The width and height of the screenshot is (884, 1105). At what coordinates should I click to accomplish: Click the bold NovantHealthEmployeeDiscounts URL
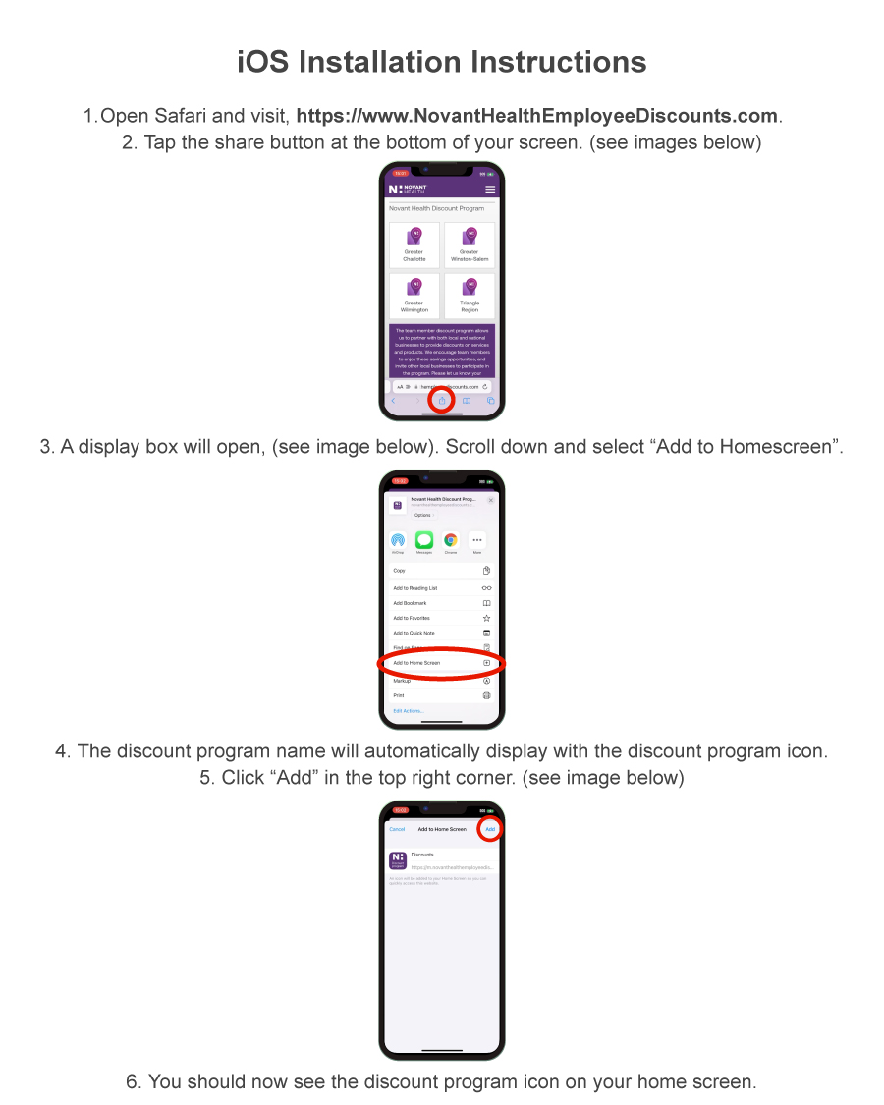(537, 116)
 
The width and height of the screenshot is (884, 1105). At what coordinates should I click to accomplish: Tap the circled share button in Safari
(442, 401)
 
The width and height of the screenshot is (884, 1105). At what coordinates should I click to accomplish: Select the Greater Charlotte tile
(414, 245)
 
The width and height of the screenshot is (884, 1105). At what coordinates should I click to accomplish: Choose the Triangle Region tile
(470, 296)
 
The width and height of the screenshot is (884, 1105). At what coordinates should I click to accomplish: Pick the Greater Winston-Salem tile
(470, 245)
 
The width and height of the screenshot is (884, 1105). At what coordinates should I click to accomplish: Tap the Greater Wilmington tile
(414, 296)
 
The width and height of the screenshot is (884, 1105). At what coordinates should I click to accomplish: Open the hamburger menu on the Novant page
(490, 189)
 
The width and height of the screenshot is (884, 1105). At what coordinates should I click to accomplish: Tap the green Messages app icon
(424, 540)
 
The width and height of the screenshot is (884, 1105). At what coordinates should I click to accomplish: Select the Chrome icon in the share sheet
(451, 540)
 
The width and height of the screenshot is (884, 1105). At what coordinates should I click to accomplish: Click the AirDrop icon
(398, 540)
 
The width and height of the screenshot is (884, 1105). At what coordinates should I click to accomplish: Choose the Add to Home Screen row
(441, 663)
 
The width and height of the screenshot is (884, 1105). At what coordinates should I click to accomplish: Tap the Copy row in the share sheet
(441, 571)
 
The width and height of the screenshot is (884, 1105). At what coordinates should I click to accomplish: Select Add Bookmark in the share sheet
(441, 603)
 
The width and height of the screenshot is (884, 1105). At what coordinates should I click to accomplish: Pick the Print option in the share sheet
(441, 695)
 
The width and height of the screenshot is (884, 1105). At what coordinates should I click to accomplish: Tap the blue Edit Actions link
(409, 711)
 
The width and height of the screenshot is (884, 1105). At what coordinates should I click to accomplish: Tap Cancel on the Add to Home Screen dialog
(397, 829)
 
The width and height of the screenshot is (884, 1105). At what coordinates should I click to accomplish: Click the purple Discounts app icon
(398, 860)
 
